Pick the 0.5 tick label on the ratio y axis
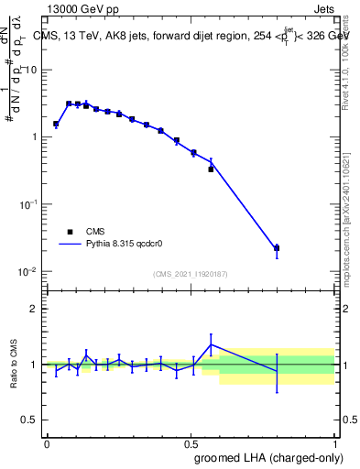tap(29, 420)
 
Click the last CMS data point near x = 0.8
tap(277, 248)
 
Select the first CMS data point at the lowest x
tap(56, 124)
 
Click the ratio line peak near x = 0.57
tap(212, 344)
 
